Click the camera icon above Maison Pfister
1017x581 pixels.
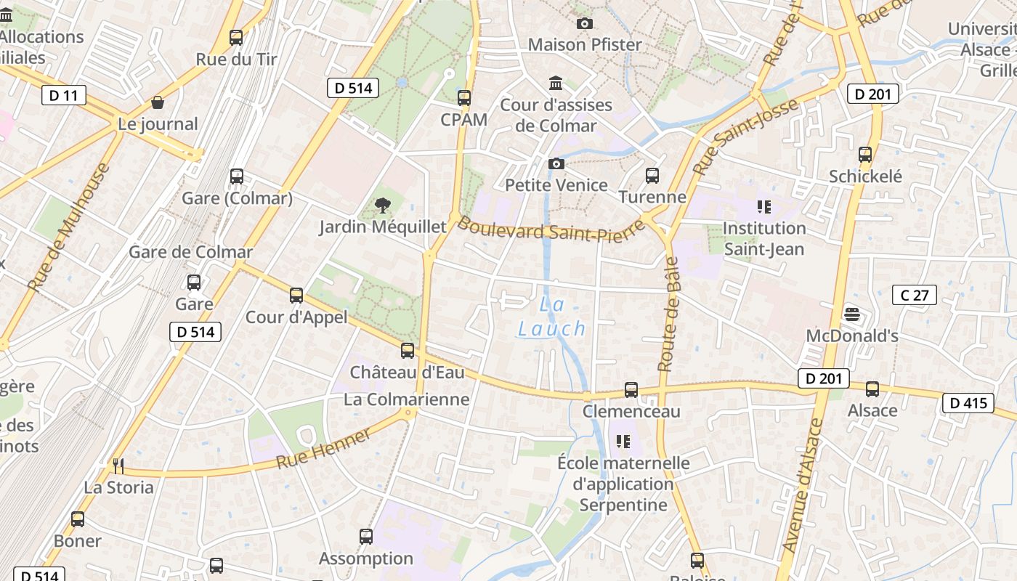click(584, 24)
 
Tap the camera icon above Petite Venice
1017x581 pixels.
click(556, 164)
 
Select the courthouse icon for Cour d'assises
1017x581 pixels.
click(556, 83)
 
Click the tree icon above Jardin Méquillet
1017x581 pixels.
click(382, 206)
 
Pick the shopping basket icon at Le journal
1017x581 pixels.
click(158, 103)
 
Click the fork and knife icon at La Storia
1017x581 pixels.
click(118, 466)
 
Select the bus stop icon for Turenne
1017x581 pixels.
click(652, 176)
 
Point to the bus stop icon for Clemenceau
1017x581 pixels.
click(631, 390)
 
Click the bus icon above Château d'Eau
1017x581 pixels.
click(408, 351)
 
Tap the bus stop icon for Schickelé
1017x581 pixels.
click(865, 155)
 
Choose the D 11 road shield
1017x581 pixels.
click(64, 95)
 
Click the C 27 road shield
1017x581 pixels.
click(914, 295)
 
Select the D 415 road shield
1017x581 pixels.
click(968, 402)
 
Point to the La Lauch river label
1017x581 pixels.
click(551, 317)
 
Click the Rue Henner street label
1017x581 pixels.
click(323, 449)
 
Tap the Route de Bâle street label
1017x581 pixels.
click(668, 314)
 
